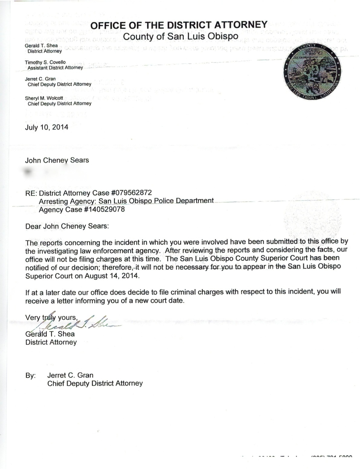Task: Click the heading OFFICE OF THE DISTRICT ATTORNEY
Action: pyautogui.click(x=179, y=25)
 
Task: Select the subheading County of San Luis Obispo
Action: pyautogui.click(x=181, y=36)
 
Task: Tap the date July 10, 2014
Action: pyautogui.click(x=47, y=127)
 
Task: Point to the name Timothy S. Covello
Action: pyautogui.click(x=45, y=62)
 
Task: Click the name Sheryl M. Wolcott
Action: pyautogui.click(x=44, y=98)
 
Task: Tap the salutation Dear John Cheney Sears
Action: pyautogui.click(x=67, y=226)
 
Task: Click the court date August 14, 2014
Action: pyautogui.click(x=111, y=276)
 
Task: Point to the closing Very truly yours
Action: pyautogui.click(x=51, y=317)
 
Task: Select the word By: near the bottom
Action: pyautogui.click(x=30, y=376)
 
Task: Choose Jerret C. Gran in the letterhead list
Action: pyautogui.click(x=40, y=79)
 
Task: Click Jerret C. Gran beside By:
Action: pyautogui.click(x=70, y=375)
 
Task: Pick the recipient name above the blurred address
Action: pyautogui.click(x=57, y=160)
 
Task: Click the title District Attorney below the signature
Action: pyautogui.click(x=51, y=342)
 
